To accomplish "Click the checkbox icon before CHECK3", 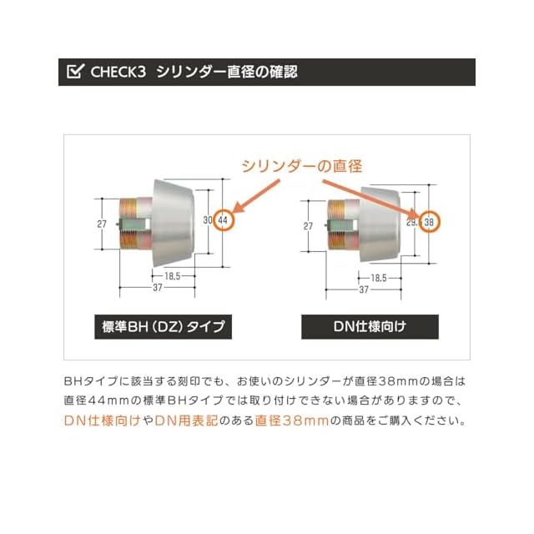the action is click(x=73, y=72).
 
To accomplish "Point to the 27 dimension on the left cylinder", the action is click(x=102, y=224).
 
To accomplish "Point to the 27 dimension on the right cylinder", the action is click(x=309, y=225).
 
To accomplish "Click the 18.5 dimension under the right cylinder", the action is click(x=378, y=277).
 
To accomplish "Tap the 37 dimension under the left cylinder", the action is click(x=157, y=289).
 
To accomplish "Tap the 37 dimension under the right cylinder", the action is click(x=364, y=290).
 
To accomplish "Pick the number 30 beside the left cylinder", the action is click(x=209, y=221).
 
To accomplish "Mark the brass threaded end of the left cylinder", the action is click(x=131, y=224).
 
